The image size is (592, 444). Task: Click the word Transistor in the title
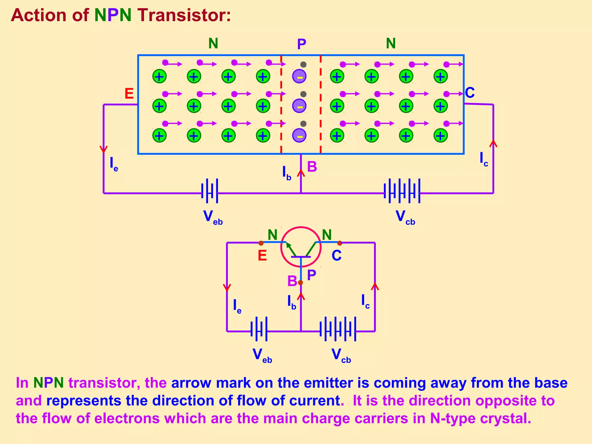point(184,15)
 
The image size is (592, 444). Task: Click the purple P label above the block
point(301,44)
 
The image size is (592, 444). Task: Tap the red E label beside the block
point(129,94)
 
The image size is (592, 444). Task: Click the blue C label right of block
point(470,93)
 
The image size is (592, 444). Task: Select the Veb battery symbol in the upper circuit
point(210,191)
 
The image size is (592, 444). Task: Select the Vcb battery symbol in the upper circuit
point(402,191)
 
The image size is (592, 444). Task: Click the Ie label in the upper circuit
point(114,164)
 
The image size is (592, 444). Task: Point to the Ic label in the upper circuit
point(484,159)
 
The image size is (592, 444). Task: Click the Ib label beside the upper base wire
point(286,173)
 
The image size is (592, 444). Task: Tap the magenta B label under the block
point(312,167)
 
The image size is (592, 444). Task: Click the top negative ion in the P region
point(299,77)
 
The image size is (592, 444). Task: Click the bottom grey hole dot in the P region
point(303,124)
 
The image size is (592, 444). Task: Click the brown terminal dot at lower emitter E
point(261,243)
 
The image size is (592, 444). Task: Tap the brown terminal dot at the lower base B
point(300,282)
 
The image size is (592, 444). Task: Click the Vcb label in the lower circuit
point(341,356)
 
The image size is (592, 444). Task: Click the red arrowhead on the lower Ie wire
point(227,288)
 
